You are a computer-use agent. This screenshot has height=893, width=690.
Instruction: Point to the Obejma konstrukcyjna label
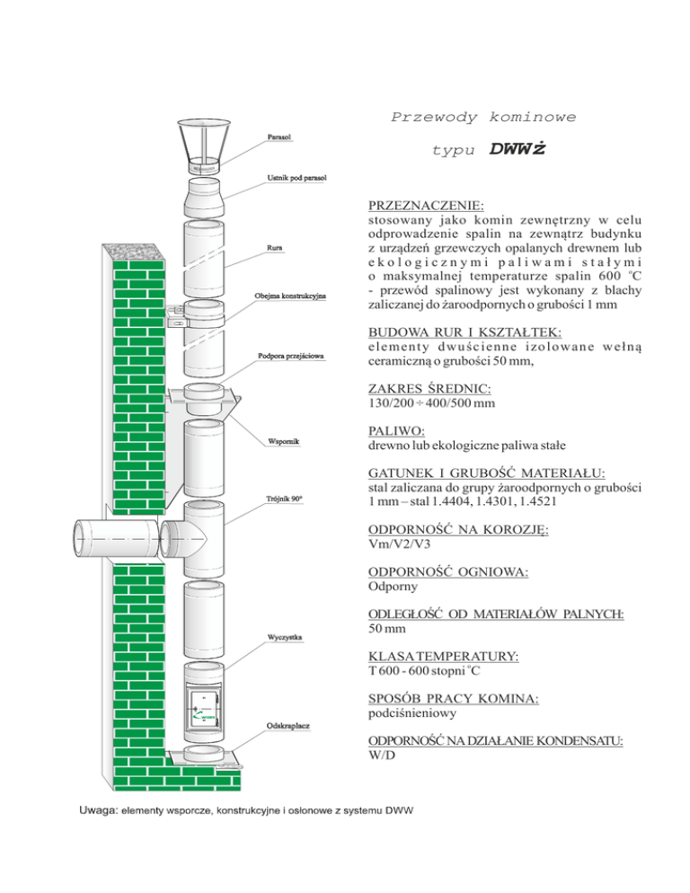(296, 296)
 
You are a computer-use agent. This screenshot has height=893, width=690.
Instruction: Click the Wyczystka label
(284, 639)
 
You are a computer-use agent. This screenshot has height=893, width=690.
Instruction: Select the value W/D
(383, 756)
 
